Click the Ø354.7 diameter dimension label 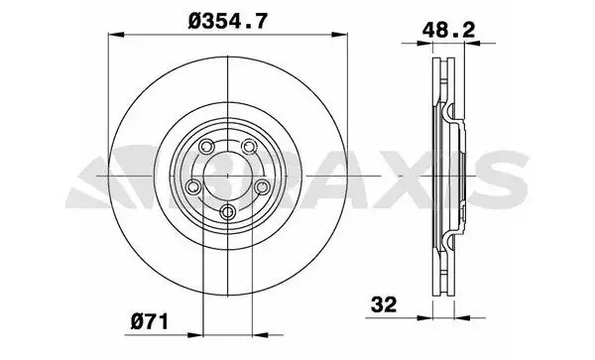coord(228,21)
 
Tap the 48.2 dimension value coord(448,30)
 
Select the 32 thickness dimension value coord(384,304)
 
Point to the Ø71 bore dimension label coord(150,322)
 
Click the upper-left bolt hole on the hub coord(207,146)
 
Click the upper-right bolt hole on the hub coord(249,146)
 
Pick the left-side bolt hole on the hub coord(194,186)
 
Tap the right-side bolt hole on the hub coord(262,186)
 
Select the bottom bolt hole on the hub coord(228,211)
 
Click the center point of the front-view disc coord(228,176)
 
